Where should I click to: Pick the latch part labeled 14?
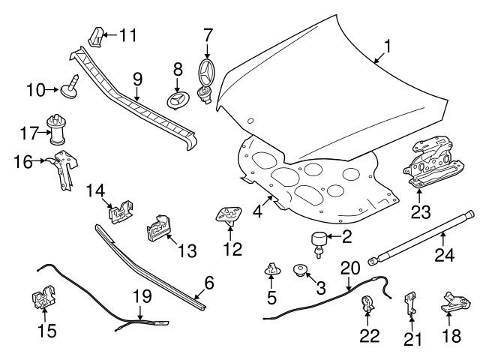pos(119,212)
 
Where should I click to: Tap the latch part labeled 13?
pos(157,226)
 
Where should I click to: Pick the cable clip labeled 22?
pos(369,304)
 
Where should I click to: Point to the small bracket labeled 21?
pos(409,303)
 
